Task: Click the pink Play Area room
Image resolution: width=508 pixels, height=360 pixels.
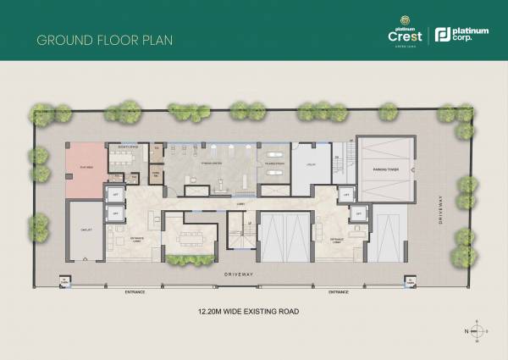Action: (x=86, y=166)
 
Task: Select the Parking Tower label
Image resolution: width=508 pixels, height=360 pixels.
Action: (x=385, y=169)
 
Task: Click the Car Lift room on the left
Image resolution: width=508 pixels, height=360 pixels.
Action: (x=86, y=229)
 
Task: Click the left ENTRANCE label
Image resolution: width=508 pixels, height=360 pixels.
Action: (x=135, y=292)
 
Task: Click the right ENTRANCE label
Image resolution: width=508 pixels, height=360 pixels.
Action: (x=341, y=292)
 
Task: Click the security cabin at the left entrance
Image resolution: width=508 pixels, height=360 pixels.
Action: (x=63, y=283)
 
